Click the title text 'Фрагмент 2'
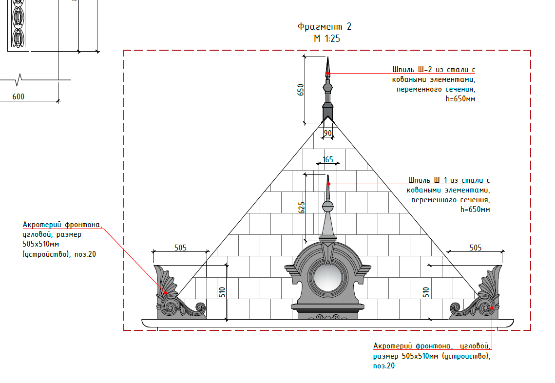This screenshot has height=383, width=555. coord(324,26)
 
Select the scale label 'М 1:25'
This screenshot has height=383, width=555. coord(326,38)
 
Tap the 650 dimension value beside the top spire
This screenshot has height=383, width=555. coord(301,90)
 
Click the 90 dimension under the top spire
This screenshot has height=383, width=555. coord(328,133)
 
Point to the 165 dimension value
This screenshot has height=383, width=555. coord(328,159)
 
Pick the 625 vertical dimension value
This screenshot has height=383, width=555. coord(302,208)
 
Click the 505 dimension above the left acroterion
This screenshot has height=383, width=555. coord(180,248)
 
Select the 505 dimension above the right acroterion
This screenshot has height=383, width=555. coord(476,248)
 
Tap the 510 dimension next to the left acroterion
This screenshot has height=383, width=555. coord(222,292)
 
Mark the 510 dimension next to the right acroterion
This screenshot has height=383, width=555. coord(426,292)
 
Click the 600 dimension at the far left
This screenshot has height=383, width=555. coord(19,96)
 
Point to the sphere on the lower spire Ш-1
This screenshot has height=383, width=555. coord(328,207)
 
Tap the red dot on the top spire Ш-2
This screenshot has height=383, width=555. coord(328,74)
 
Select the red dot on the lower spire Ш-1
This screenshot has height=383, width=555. coord(328,184)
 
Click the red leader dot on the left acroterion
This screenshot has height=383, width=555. coord(165,293)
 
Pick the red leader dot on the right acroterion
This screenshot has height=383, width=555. coord(492,308)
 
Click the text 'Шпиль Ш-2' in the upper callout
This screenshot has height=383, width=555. coord(412,69)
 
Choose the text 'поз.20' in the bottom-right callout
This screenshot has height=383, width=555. coord(383,365)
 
